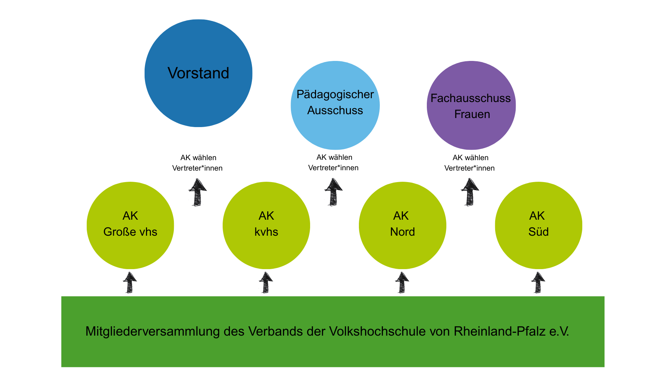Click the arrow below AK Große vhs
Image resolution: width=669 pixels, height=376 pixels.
130,283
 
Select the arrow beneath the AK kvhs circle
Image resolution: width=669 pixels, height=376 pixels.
266,283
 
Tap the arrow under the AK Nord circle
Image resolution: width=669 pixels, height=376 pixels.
402,283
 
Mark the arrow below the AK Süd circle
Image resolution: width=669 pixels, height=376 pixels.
538,283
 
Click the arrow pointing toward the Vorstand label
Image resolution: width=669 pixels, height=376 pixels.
198,192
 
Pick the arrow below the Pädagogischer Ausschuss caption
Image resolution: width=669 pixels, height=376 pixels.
333,192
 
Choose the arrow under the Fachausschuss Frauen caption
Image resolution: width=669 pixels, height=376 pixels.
470,192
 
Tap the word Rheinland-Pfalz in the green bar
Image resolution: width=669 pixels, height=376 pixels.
500,331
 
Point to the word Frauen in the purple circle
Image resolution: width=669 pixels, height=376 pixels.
472,114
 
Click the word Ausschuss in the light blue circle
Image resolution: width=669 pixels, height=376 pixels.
335,110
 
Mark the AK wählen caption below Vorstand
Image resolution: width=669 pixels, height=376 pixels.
198,158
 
